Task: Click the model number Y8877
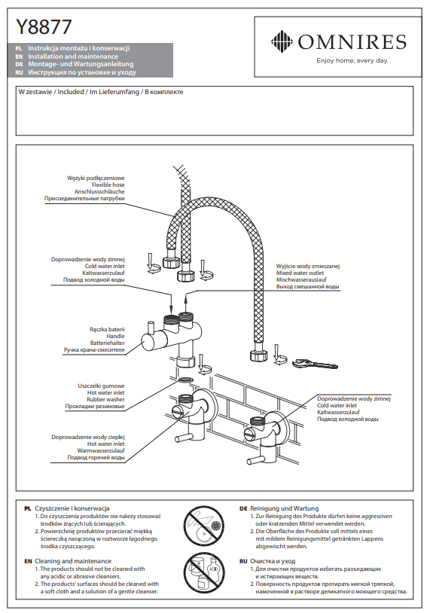pyautogui.click(x=44, y=27)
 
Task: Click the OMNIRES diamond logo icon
pyautogui.click(x=282, y=41)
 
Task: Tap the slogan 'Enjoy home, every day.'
pyautogui.click(x=352, y=60)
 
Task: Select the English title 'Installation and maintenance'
pyautogui.click(x=73, y=56)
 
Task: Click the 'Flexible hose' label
pyautogui.click(x=108, y=185)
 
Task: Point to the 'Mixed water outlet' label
pyautogui.click(x=300, y=273)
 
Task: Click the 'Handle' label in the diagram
pyautogui.click(x=115, y=336)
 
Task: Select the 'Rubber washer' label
pyautogui.click(x=105, y=400)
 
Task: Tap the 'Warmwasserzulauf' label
pyautogui.click(x=101, y=451)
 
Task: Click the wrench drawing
pyautogui.click(x=315, y=364)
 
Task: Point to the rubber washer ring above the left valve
pyautogui.click(x=186, y=380)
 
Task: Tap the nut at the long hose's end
pyautogui.click(x=258, y=355)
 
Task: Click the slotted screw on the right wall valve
pyautogui.click(x=250, y=432)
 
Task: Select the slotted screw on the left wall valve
pyautogui.click(x=178, y=411)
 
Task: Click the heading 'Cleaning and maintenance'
pyautogui.click(x=73, y=561)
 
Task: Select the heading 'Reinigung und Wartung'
pyautogui.click(x=284, y=508)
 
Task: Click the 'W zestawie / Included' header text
pyautogui.click(x=51, y=92)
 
